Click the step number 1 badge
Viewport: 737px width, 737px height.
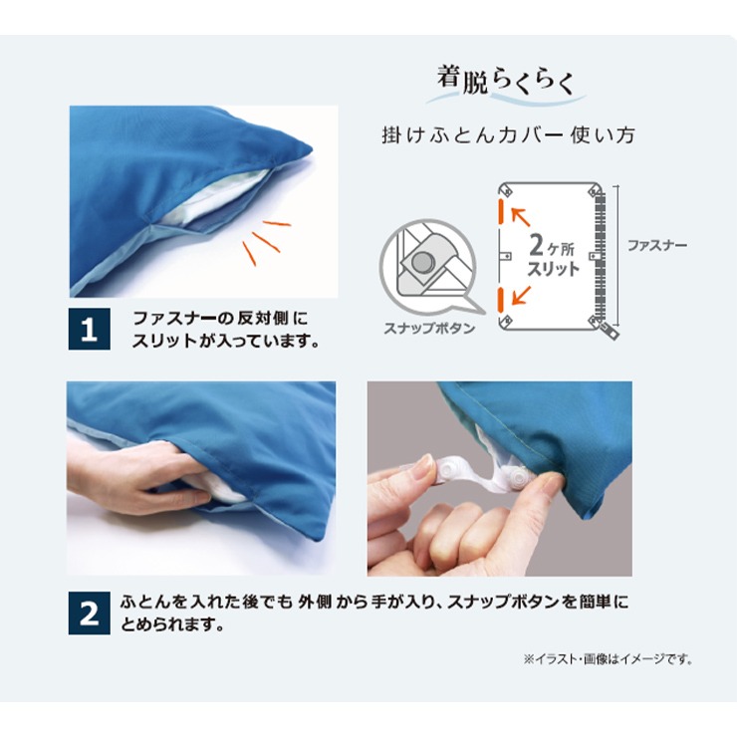coord(90,329)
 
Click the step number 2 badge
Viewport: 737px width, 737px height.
coord(90,614)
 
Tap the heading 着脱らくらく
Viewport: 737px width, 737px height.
coord(506,81)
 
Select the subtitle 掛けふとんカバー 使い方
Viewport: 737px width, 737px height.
coord(509,135)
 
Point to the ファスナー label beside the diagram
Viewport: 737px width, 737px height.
coord(657,245)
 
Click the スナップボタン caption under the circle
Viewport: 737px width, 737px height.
coord(429,328)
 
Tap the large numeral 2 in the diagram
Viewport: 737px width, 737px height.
coord(536,244)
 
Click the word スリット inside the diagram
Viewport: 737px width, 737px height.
coord(553,269)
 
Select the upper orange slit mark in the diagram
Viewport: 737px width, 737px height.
coord(502,211)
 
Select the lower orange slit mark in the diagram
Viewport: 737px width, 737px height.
coord(502,300)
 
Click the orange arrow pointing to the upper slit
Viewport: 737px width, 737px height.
coord(521,217)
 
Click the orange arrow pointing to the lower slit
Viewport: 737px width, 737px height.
coord(521,295)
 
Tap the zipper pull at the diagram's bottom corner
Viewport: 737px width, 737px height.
coord(611,331)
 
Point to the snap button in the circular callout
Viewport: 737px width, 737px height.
coord(420,262)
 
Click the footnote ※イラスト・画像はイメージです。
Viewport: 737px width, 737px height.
coord(609,659)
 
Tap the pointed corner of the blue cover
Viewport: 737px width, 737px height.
coord(310,150)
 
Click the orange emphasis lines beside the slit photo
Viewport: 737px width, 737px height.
coord(267,241)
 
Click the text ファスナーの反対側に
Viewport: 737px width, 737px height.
coord(220,319)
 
